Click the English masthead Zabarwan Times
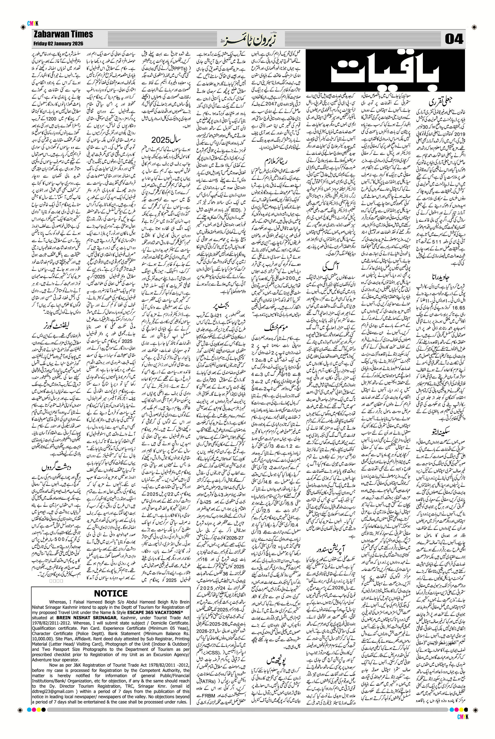click(63, 34)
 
